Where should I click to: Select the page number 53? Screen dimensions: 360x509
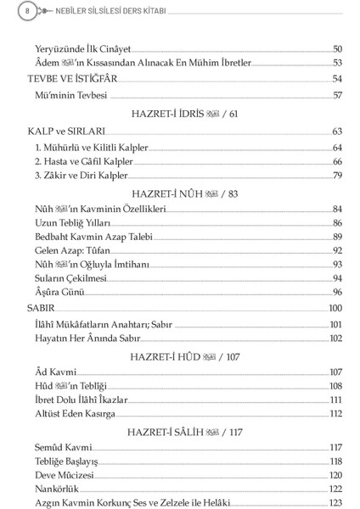(x=336, y=64)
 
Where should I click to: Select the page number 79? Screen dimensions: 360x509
(x=336, y=176)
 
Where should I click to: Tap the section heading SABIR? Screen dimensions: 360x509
(x=40, y=308)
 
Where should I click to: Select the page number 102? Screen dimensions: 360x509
(x=335, y=338)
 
